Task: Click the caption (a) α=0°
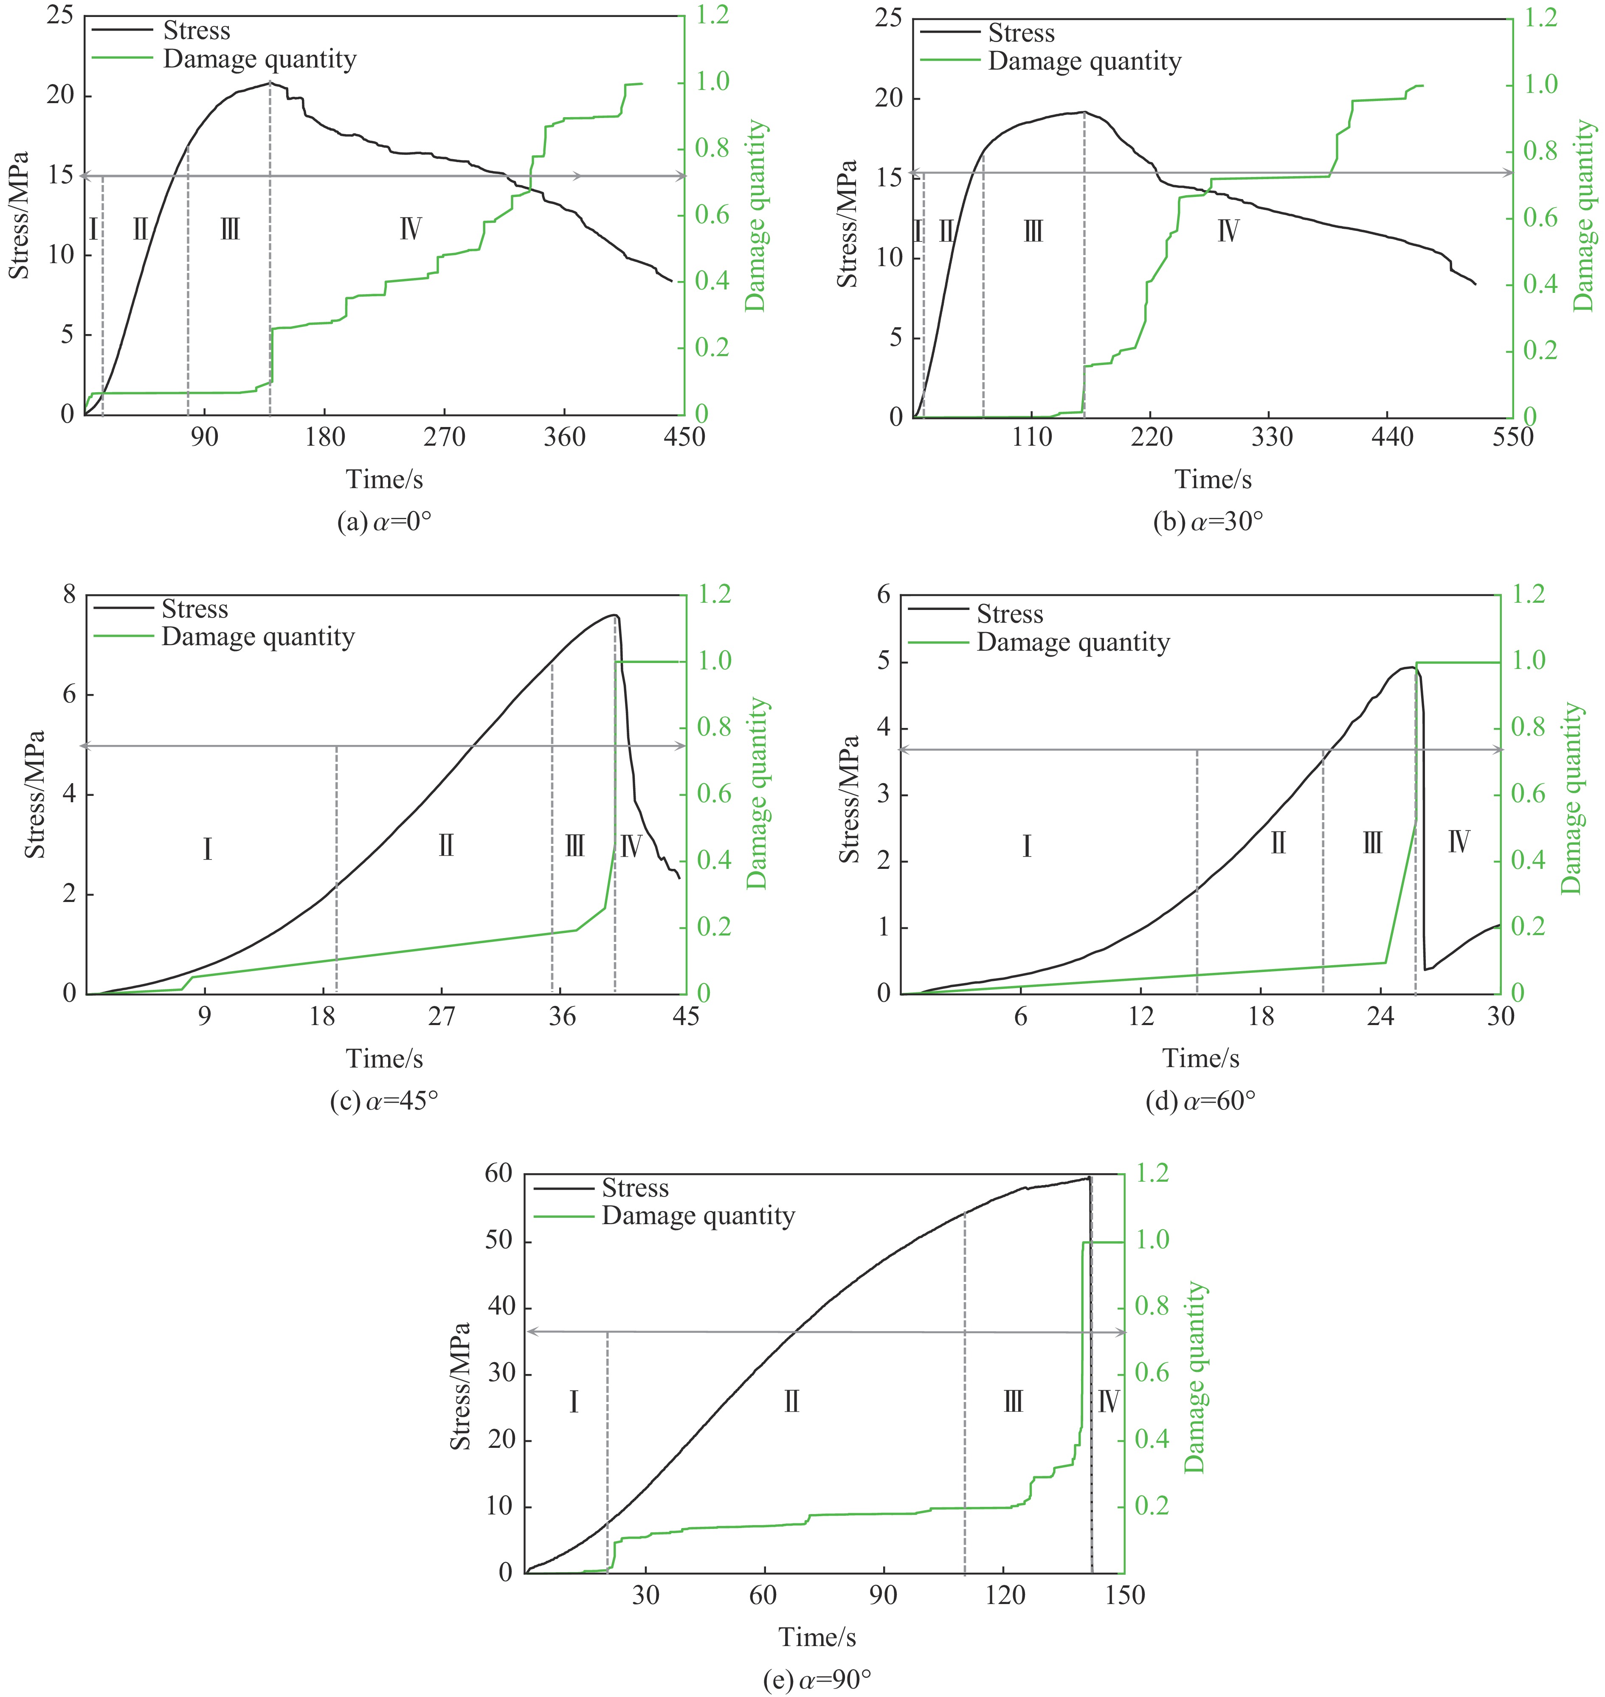coord(384,522)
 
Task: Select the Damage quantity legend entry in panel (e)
coord(698,1215)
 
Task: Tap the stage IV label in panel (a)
coord(411,229)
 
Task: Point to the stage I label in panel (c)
coord(207,849)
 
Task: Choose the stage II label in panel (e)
coord(791,1402)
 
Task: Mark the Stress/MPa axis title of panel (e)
coord(461,1385)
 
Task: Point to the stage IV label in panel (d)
coord(1459,843)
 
